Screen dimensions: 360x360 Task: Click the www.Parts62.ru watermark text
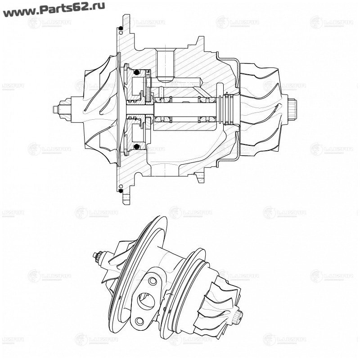(54, 9)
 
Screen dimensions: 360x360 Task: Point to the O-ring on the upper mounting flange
(121, 30)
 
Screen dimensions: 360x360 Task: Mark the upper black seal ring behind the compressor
(136, 72)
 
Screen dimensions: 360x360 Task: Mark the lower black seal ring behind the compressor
(136, 146)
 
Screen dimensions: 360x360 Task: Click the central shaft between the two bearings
(184, 109)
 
